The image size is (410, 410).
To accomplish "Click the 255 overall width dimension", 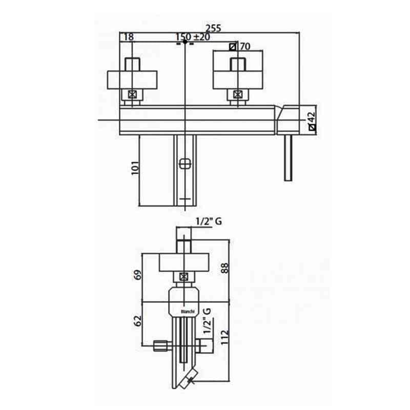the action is click(x=213, y=28).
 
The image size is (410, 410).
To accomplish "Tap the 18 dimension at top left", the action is click(x=129, y=37).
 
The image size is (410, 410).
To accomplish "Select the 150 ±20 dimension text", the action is click(x=193, y=37).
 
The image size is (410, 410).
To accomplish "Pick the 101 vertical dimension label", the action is click(x=135, y=168).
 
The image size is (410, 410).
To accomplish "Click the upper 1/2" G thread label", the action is click(x=209, y=221).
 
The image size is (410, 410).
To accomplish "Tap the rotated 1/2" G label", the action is click(x=207, y=321).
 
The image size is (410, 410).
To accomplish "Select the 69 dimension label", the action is click(x=137, y=275).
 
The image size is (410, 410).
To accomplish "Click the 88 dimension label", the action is click(x=225, y=268).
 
